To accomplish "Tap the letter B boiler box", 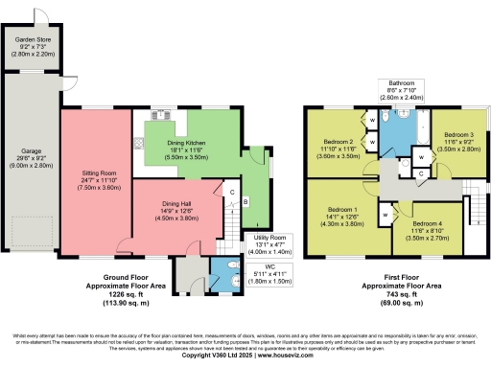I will (245, 201).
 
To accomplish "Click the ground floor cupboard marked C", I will (232, 192).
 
